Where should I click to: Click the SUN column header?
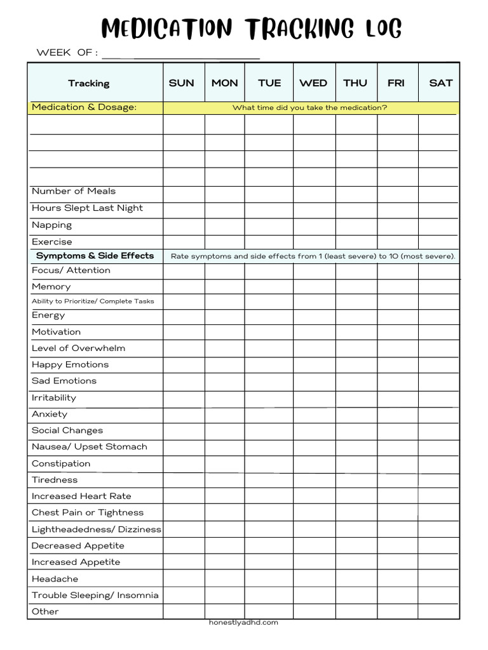coord(182,83)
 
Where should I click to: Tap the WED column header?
coord(313,83)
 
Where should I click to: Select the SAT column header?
coord(440,83)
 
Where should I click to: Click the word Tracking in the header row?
coord(89,83)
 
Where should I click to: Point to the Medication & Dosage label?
coord(84,107)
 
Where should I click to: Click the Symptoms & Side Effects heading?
coord(95,256)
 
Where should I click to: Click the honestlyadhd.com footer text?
coord(243,623)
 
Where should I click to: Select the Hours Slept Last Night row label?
coord(87,208)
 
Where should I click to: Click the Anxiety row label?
coord(50,414)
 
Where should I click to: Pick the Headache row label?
coord(55,579)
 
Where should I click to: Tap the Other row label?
coord(45,611)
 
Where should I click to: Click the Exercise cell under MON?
coord(224,242)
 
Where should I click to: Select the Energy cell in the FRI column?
coord(397,315)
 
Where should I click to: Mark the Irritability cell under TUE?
coord(269,398)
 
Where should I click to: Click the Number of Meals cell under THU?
coord(356,192)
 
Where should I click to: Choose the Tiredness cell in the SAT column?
coord(438,480)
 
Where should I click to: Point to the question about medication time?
coord(309,108)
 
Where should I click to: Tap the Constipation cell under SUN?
coord(184,463)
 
